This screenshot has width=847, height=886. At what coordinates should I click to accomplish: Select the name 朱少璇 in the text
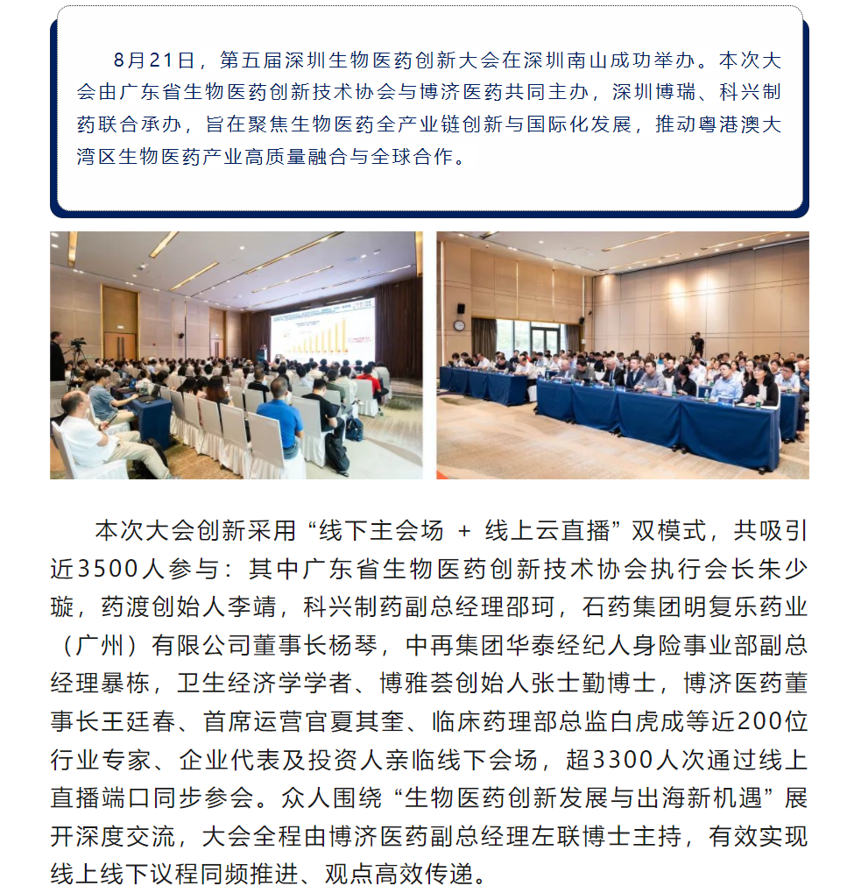pos(773,569)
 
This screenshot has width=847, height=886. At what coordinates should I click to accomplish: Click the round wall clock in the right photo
pos(458,324)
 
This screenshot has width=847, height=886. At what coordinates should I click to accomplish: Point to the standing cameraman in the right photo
pos(697,344)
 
